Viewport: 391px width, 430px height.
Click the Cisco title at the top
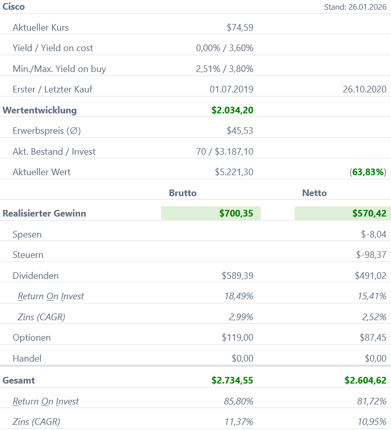[14, 7]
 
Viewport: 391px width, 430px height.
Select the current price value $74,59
[240, 28]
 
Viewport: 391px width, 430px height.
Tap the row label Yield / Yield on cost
[53, 48]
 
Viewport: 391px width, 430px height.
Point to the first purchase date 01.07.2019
[231, 89]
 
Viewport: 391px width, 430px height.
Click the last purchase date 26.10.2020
[364, 89]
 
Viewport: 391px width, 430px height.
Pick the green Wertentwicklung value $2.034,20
[232, 110]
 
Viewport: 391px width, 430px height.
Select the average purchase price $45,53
[240, 131]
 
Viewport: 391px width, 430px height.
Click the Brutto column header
[183, 193]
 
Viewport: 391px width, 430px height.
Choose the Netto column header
[314, 193]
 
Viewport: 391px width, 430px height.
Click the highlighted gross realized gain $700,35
[236, 213]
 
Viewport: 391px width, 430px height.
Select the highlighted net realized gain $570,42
[369, 213]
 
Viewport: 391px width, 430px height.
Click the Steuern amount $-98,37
[371, 255]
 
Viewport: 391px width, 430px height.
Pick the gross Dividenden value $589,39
[237, 276]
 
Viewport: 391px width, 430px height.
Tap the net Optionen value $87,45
[373, 338]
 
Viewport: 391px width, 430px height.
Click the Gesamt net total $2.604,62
[365, 380]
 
